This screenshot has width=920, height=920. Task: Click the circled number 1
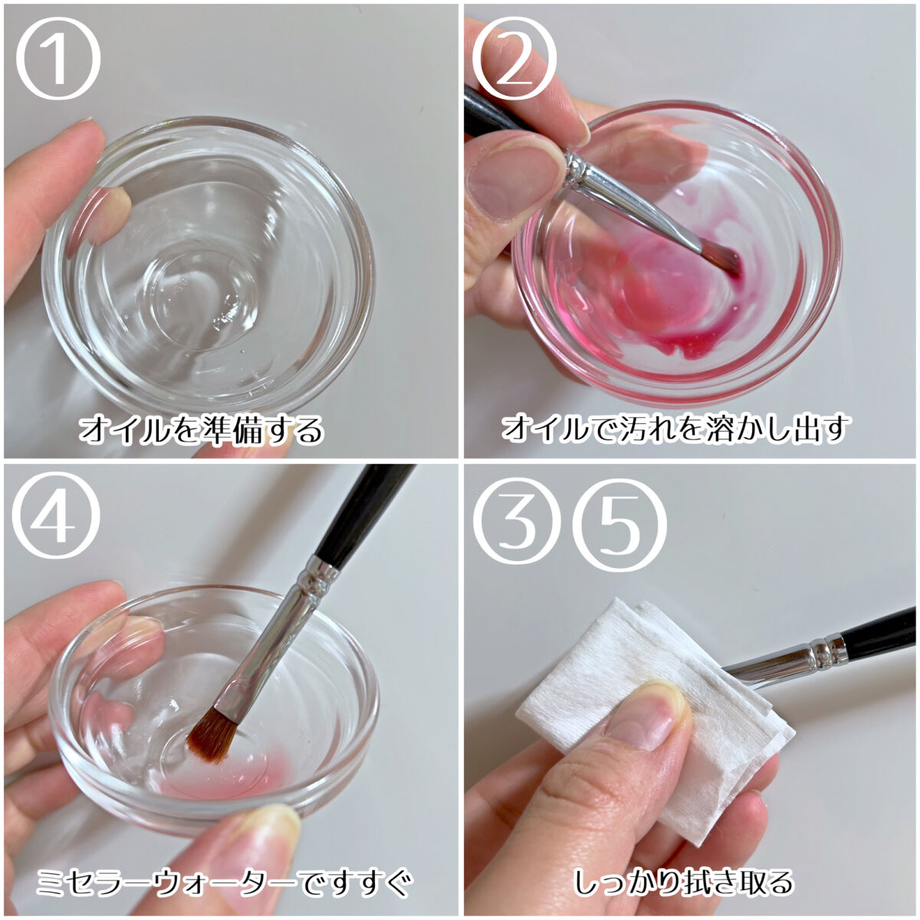58,58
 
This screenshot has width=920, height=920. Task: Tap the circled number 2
514,58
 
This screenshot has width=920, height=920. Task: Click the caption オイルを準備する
202,429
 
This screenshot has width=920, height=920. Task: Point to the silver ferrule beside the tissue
788,655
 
